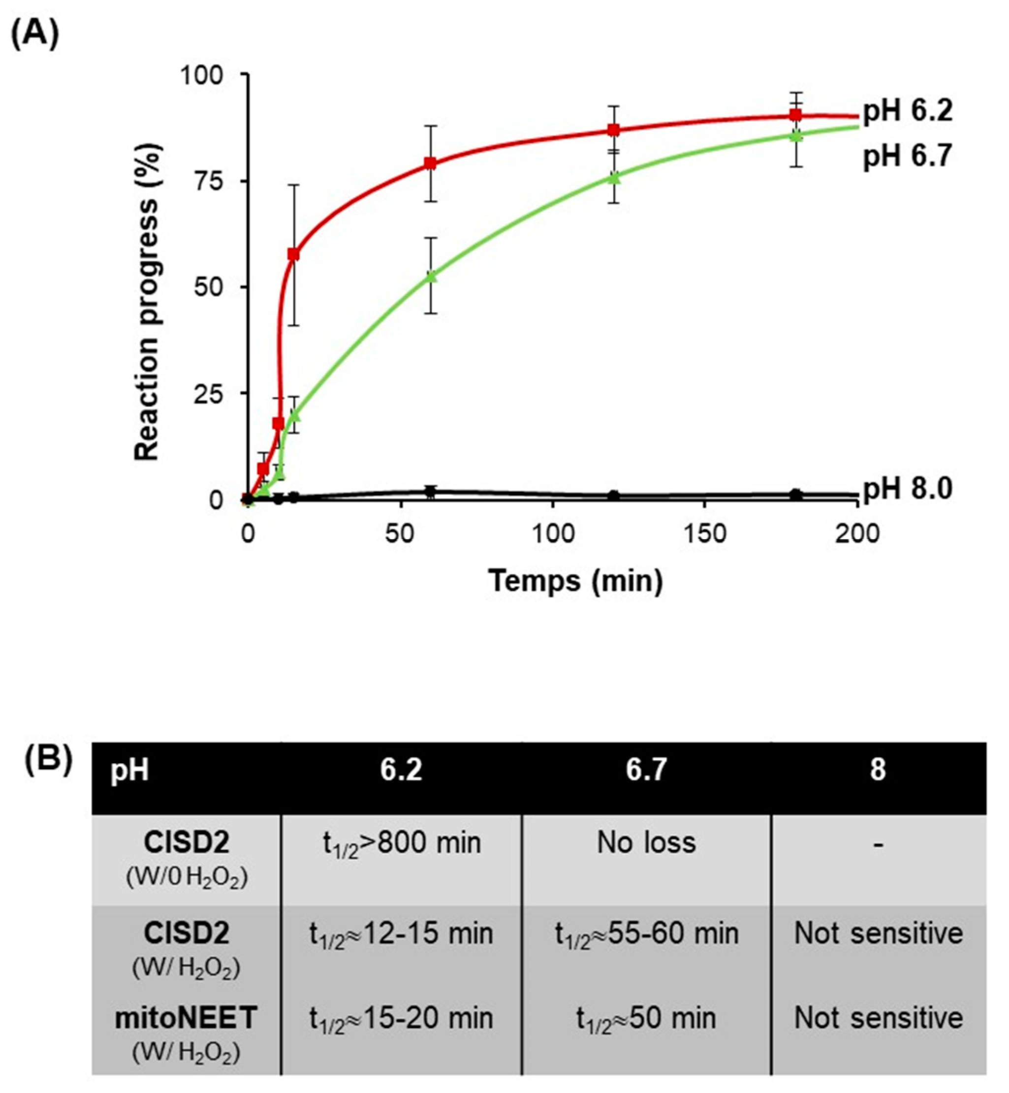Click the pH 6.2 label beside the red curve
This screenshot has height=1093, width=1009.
[907, 111]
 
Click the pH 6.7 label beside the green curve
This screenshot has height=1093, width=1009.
[907, 156]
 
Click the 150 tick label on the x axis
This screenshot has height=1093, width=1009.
[704, 533]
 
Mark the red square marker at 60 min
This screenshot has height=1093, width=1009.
[430, 163]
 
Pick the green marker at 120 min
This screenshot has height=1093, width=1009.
[614, 178]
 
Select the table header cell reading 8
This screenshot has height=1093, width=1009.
[878, 770]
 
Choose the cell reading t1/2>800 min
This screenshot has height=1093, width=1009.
[402, 843]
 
